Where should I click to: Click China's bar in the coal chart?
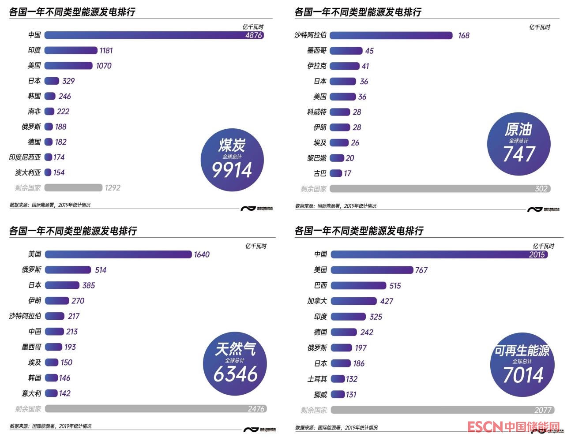pos(146,35)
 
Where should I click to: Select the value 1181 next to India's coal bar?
pos(106,50)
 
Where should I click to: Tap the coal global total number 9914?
pos(232,170)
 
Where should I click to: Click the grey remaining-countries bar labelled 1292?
pos(73,188)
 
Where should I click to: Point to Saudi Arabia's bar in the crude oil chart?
pos(391,35)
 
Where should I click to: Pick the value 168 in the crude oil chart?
pos(464,35)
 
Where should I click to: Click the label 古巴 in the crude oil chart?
pos(320,173)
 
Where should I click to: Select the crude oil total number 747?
pos(519,154)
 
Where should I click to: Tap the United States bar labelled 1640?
pos(118,254)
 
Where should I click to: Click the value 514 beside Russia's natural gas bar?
pos(101,270)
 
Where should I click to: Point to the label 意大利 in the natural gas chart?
pos(31,393)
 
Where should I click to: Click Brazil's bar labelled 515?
pos(358,286)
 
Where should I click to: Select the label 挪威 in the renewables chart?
pos(320,395)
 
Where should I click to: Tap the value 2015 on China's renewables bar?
pos(537,254)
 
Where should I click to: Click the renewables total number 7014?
pos(523,375)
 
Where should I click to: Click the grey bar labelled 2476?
pos(146,409)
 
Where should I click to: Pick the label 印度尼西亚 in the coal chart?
pos(25,157)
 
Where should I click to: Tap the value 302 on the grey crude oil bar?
pos(541,189)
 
